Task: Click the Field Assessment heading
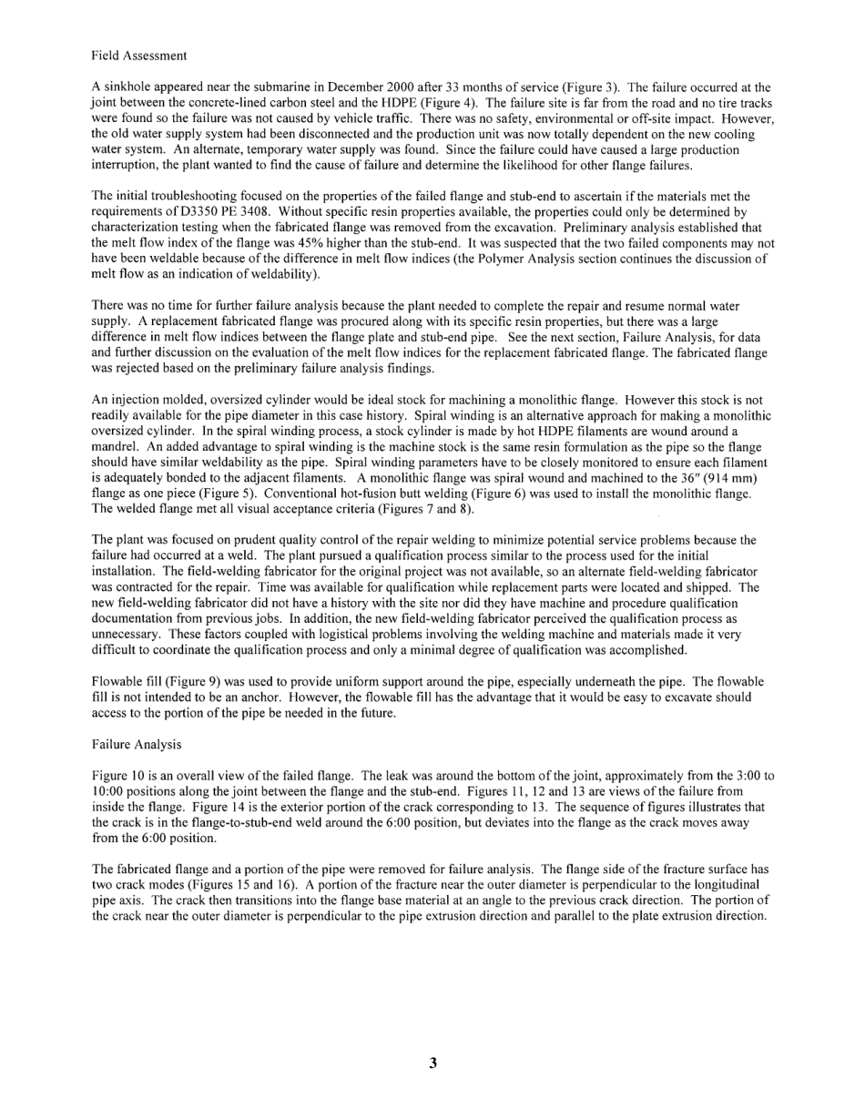(139, 56)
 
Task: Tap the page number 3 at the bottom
(433, 1062)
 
